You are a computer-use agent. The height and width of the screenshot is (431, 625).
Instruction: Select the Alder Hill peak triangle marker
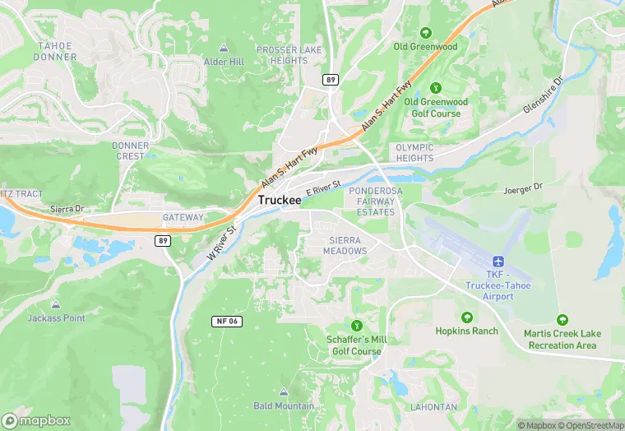coord(225,49)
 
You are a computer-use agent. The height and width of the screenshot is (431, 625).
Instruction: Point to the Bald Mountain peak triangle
coord(284,392)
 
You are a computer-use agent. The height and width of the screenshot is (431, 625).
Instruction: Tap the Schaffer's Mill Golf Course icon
coord(356,327)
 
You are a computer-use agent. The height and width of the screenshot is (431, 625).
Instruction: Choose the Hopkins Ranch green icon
coord(467,317)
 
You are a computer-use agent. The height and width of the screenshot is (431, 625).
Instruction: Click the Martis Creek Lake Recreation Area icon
coord(562,319)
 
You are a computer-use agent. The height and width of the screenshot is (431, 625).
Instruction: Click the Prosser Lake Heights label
coord(282,55)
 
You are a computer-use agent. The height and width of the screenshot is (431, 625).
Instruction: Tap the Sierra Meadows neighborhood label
coord(345,244)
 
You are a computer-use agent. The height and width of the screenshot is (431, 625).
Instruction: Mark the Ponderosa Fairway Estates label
coord(377,202)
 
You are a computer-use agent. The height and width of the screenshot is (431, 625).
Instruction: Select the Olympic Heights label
coord(414,153)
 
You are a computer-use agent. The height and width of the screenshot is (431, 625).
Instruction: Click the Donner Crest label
coord(130,151)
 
